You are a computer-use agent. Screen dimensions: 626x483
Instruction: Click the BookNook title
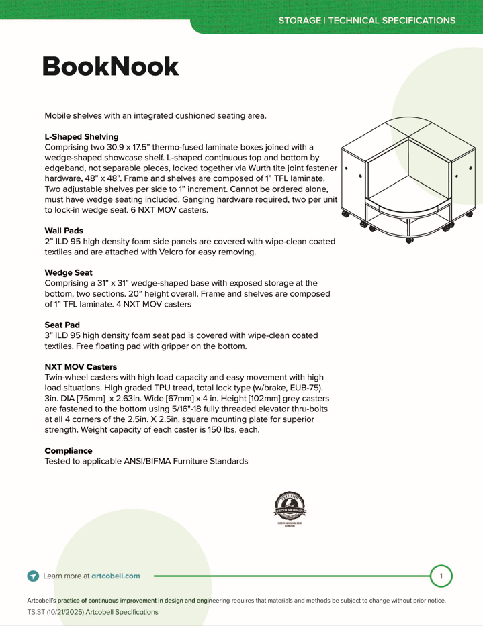point(111,67)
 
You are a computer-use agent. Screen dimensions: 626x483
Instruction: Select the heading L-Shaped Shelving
point(81,136)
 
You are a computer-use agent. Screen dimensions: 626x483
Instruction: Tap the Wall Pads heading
point(64,230)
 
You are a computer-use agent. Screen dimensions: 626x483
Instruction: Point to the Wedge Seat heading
point(69,272)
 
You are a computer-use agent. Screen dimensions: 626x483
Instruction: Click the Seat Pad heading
point(62,325)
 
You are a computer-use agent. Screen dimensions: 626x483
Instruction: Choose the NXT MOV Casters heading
point(81,367)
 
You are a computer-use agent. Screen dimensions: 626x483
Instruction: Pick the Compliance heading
point(69,450)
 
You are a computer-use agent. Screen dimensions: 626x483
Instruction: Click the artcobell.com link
point(116,576)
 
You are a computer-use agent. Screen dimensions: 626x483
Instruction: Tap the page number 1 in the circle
point(441,576)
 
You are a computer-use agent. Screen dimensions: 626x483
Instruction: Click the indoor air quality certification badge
point(290,508)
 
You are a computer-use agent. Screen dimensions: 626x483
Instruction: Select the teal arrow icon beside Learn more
point(33,576)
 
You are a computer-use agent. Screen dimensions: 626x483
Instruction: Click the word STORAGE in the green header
point(300,21)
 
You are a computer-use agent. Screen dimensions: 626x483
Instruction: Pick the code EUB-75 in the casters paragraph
point(308,388)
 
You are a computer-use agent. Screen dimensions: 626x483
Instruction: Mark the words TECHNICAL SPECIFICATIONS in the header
point(391,21)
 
